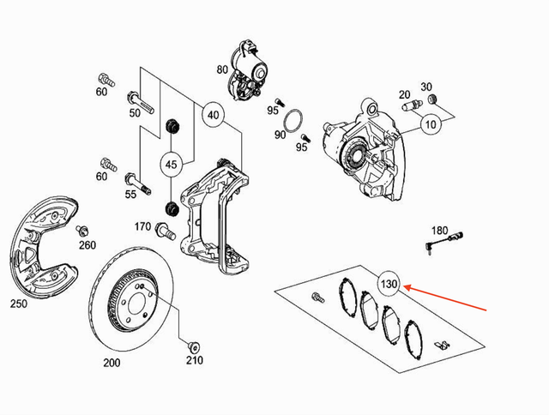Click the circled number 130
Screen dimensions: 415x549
390,284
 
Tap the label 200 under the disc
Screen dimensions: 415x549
112,363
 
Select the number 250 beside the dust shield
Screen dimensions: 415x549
19,304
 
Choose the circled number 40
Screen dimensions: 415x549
214,115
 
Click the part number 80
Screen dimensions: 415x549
222,69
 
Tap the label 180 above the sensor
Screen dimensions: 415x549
439,230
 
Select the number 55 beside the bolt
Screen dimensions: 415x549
132,195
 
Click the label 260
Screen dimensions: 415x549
87,245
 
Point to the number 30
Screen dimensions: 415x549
426,87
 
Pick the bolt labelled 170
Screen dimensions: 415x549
166,229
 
